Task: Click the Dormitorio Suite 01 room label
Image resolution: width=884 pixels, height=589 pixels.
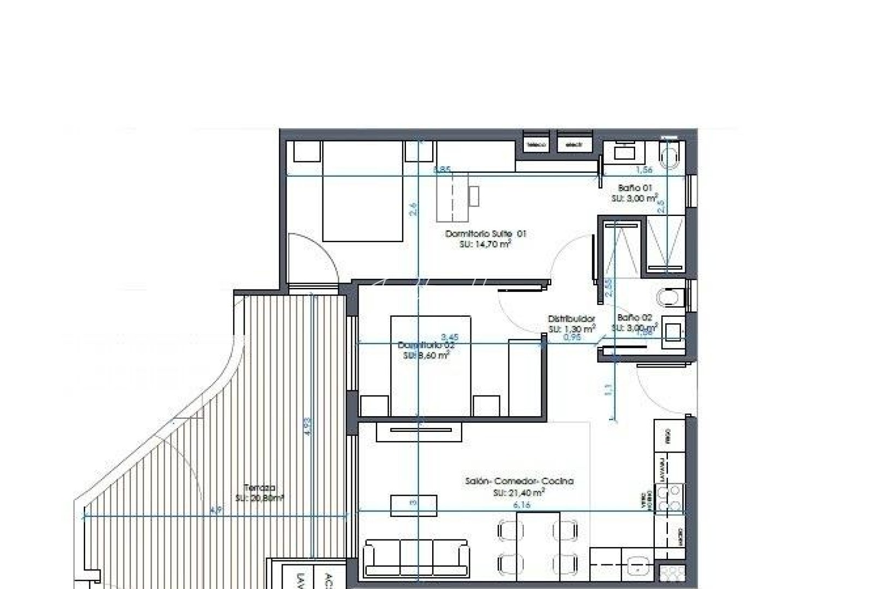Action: coord(486,233)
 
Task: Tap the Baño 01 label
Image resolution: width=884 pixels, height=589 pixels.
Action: coord(635,188)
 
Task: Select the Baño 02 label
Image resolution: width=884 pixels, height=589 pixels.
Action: coord(635,317)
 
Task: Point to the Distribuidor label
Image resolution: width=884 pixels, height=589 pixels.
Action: coord(571,319)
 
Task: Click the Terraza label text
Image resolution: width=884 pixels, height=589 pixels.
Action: coord(260,488)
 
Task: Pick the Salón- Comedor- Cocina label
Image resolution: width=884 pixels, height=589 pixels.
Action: coord(519,481)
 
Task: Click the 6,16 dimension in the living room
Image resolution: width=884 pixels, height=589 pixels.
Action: coord(522,505)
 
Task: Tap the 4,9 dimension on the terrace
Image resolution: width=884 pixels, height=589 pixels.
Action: coord(216,510)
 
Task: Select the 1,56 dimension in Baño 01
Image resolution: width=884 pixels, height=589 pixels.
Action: coord(644,170)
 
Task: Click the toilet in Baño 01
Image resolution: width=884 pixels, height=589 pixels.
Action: coord(670,155)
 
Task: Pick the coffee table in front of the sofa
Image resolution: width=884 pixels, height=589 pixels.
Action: coord(414,505)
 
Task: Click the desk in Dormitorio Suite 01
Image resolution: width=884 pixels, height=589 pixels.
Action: coord(452,197)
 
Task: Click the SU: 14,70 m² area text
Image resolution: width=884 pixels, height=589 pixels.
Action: coord(485,245)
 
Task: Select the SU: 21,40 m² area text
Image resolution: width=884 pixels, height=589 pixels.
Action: coord(519,492)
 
